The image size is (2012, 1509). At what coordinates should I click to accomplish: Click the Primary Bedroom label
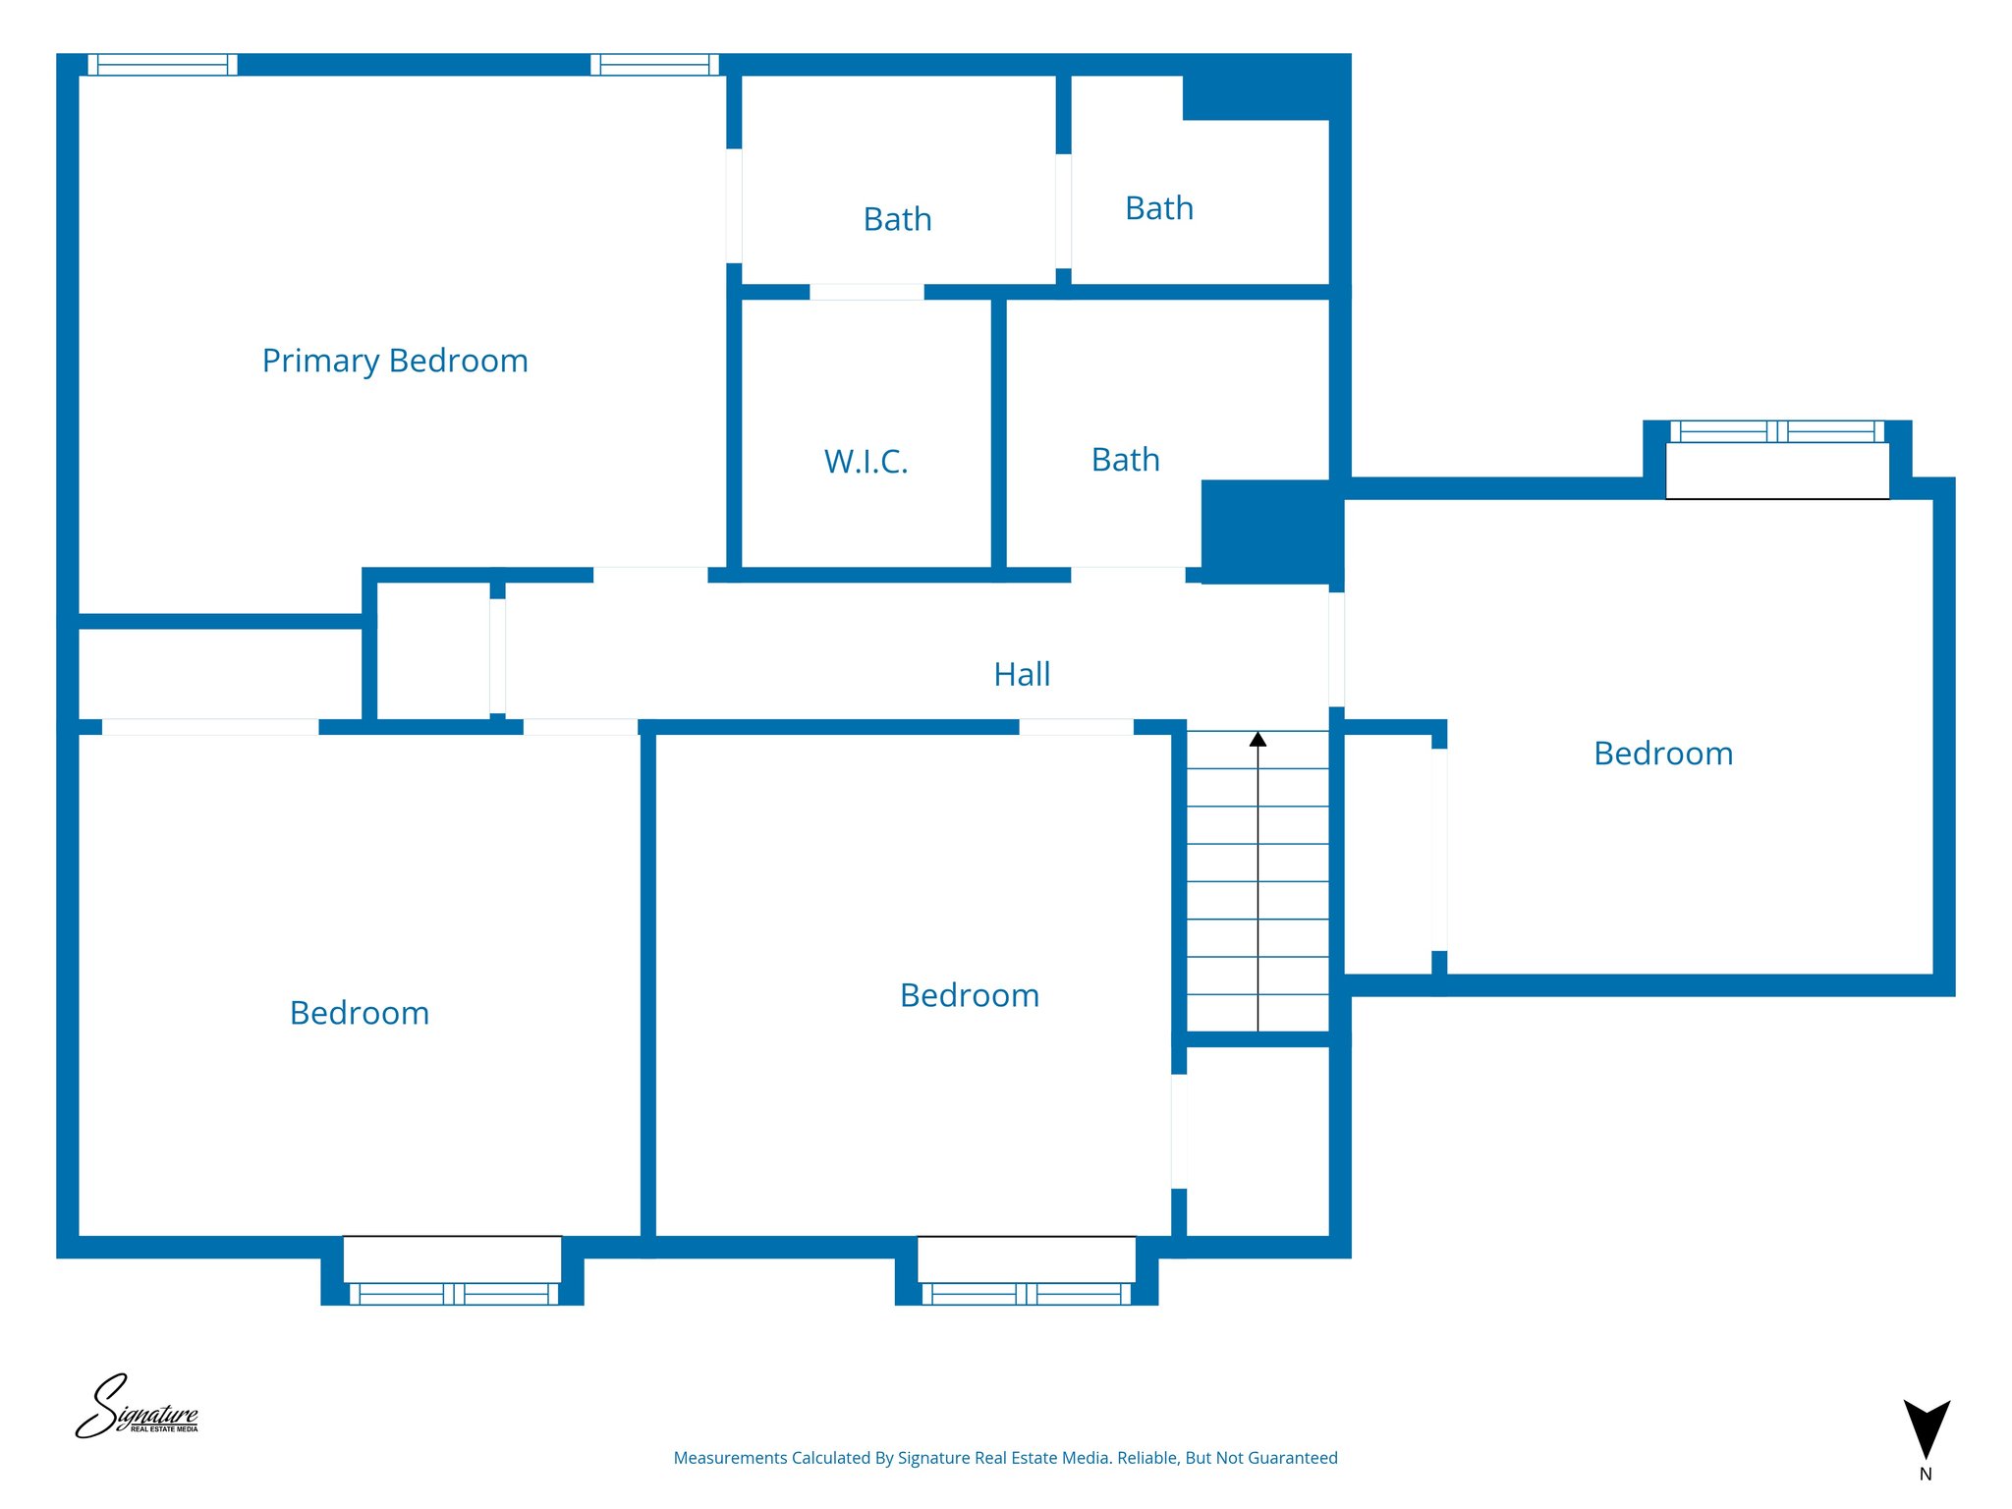point(395,362)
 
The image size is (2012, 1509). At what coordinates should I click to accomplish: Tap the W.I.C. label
point(866,462)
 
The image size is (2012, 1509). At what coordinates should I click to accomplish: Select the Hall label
point(1022,675)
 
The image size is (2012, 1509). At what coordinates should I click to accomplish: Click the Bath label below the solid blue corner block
point(1159,208)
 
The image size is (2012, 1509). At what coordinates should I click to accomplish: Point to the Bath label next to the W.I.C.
point(1125,460)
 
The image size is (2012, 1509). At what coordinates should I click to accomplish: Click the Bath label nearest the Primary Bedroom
point(897,219)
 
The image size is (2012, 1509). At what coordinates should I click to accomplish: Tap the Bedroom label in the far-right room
point(1663,754)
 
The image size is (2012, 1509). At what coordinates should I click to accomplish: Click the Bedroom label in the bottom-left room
point(360,1013)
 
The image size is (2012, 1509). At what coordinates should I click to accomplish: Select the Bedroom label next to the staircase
point(970,995)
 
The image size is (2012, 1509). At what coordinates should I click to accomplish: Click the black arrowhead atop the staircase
point(1257,739)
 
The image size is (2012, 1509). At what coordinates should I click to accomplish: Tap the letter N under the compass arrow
point(1926,1475)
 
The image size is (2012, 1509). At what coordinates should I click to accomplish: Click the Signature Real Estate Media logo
point(138,1408)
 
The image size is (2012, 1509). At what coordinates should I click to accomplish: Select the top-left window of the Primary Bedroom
point(163,65)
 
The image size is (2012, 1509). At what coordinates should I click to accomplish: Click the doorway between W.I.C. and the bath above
point(866,292)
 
